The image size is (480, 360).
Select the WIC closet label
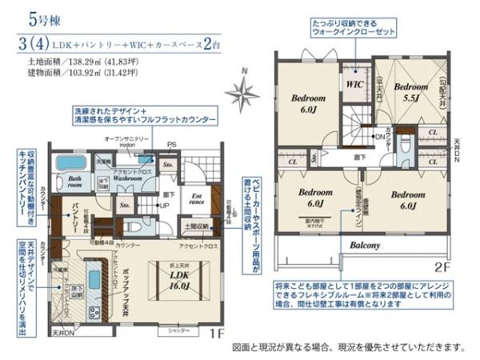pyautogui.click(x=354, y=82)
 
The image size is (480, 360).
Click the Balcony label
pyautogui.click(x=364, y=245)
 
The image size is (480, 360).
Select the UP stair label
pyautogui.click(x=164, y=206)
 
